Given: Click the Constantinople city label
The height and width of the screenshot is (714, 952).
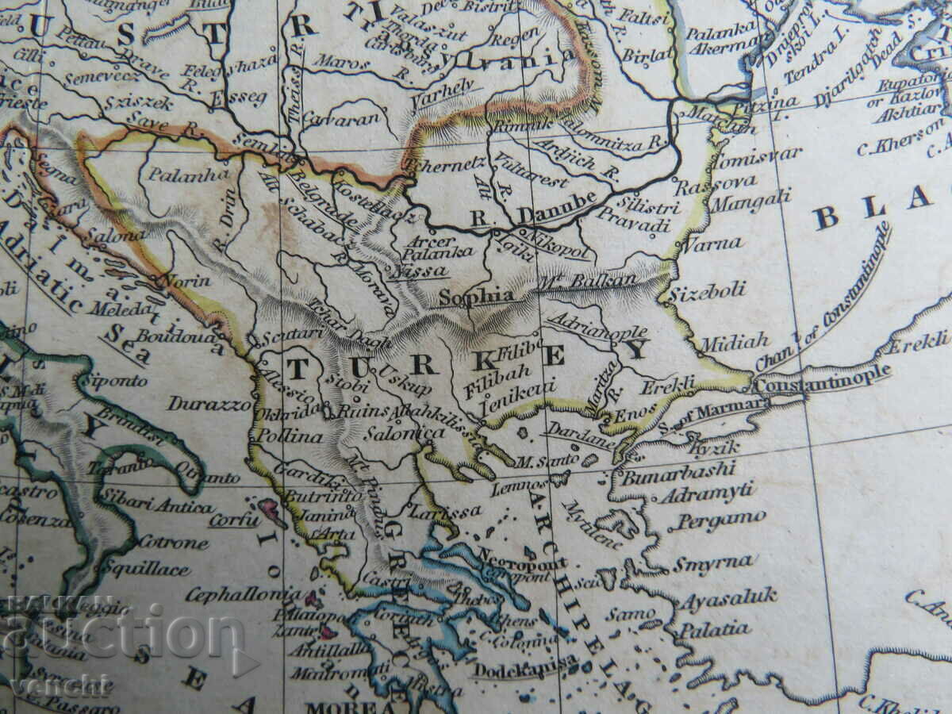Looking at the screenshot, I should [x=822, y=376].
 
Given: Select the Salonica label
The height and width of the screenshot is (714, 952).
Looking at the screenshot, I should [x=405, y=433].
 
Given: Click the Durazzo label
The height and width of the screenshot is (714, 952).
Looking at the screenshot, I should [x=209, y=404].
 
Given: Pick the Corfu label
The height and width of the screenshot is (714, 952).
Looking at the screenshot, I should [x=234, y=520].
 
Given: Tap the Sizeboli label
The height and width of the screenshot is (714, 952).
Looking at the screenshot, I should [x=707, y=290].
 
